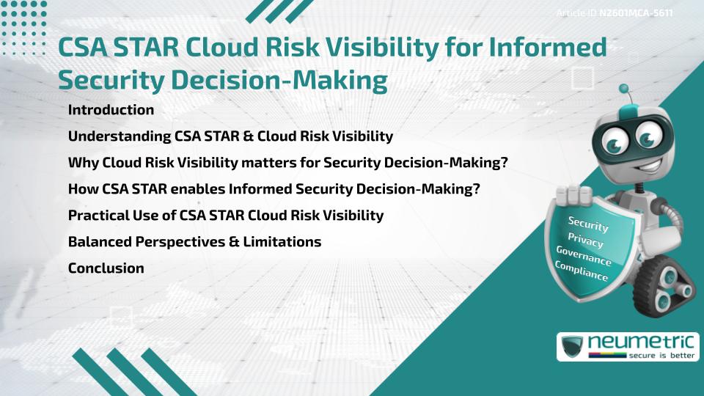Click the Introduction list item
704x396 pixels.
pyautogui.click(x=111, y=110)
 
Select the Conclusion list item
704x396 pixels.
pyautogui.click(x=106, y=268)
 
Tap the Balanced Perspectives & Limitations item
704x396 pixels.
pyautogui.click(x=194, y=242)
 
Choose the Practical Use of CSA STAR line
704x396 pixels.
pyautogui.click(x=225, y=216)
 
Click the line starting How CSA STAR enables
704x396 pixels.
pyautogui.click(x=274, y=189)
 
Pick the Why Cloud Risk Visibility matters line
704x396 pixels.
pyautogui.click(x=287, y=163)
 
